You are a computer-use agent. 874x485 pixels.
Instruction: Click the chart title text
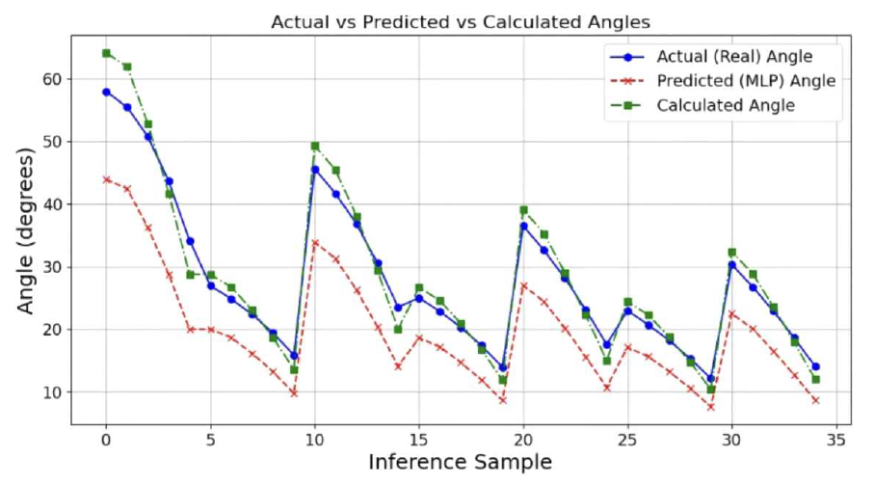(463, 21)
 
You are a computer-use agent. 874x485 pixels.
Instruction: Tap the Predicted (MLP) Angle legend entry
(746, 81)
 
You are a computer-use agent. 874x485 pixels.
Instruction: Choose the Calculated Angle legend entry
(726, 106)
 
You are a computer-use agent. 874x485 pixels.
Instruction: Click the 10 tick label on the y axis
(59, 392)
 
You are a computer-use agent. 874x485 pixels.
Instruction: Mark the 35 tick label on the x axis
(836, 439)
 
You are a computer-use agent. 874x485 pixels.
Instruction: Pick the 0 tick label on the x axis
(106, 439)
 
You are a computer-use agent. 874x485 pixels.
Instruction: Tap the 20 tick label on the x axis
(523, 439)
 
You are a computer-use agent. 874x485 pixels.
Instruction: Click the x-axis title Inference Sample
(461, 463)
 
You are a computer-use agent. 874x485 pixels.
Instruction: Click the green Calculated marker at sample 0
(106, 53)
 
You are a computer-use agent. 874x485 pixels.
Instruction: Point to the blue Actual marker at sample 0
(106, 92)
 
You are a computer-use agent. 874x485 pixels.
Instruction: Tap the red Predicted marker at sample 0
(106, 179)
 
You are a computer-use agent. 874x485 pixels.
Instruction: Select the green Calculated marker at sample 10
(315, 146)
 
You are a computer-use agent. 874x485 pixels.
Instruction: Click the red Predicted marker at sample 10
(315, 243)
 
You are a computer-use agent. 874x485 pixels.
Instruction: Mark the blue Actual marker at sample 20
(523, 226)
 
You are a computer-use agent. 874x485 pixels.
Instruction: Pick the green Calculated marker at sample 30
(732, 252)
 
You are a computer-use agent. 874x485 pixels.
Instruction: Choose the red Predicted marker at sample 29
(711, 407)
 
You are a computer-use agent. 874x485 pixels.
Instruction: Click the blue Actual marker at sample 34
(815, 366)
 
